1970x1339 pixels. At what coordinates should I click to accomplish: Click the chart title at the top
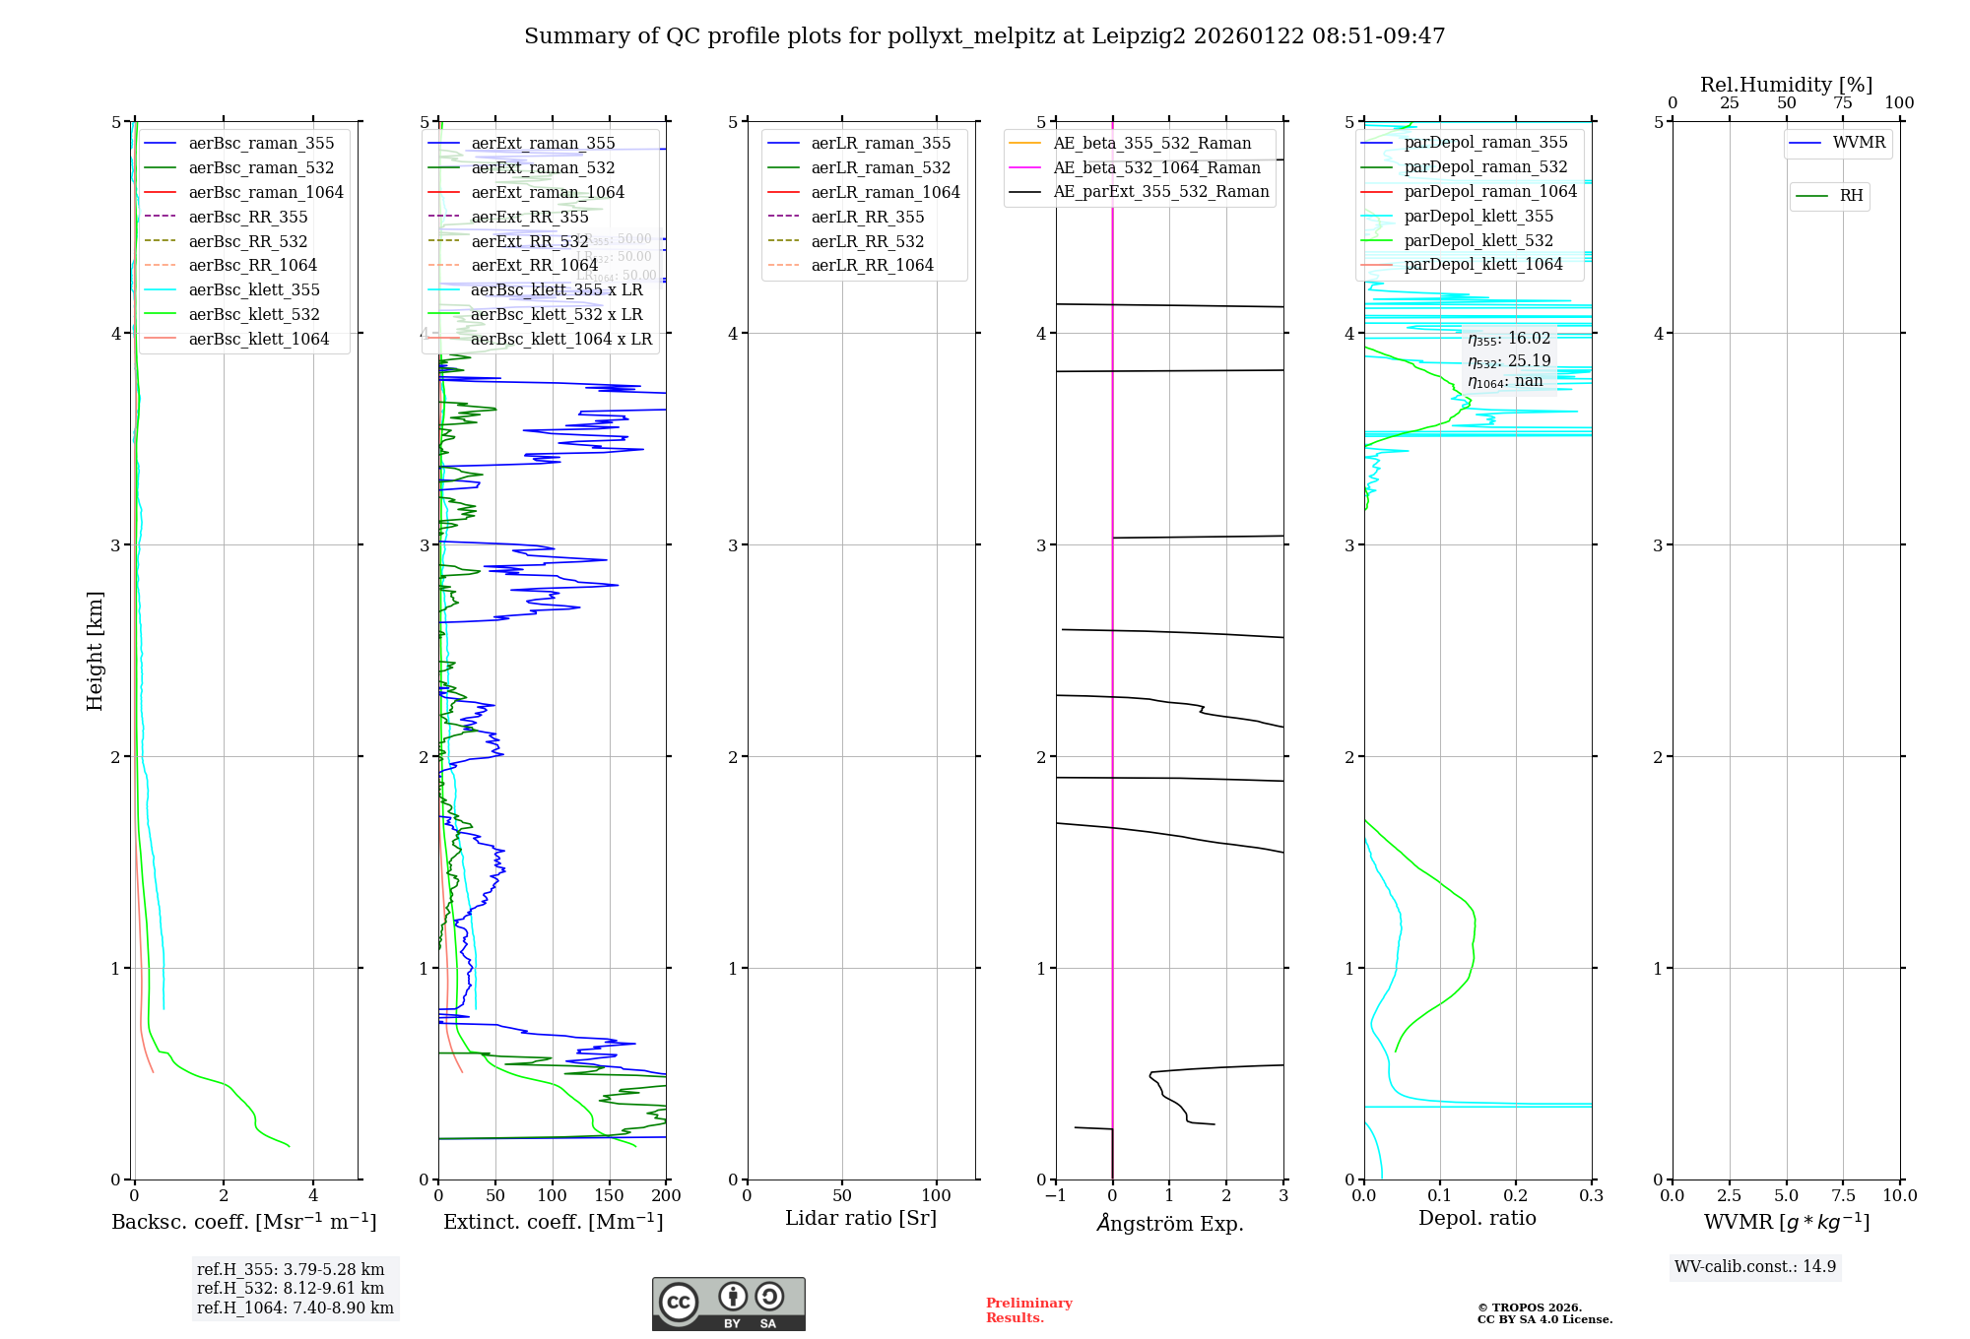984,36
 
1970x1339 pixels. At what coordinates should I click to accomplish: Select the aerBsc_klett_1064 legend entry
258,339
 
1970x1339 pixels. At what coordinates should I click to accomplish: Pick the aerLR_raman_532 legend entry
881,167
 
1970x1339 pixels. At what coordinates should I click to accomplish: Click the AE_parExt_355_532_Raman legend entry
1160,192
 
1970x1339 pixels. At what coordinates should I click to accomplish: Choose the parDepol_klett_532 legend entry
1477,240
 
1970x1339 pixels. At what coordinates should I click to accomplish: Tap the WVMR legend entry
1858,143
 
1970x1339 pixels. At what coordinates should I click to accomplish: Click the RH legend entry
1851,196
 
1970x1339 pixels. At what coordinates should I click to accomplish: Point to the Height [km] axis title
95,650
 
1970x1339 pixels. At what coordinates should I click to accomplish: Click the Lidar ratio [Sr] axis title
860,1218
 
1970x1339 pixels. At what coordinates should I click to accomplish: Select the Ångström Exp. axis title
1169,1223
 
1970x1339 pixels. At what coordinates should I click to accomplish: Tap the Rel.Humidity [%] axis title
1786,85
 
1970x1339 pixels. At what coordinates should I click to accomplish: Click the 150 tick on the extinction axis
609,1195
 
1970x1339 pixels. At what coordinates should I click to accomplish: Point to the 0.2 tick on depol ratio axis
1516,1195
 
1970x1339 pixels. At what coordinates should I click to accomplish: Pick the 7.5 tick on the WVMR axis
1843,1195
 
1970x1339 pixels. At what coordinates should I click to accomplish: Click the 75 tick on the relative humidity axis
1843,102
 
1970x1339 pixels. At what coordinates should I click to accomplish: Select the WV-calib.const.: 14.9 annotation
1754,1266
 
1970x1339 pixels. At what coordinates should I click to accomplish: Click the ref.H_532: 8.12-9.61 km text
291,1288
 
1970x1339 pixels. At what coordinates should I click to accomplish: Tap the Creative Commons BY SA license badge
728,1304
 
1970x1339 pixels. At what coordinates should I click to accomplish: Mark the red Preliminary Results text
1028,1309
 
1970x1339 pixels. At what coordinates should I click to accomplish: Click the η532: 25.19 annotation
1509,360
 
